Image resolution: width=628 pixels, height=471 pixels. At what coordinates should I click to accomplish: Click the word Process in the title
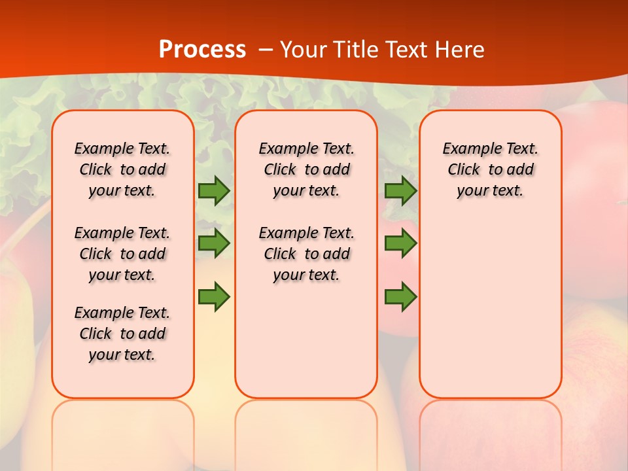(x=202, y=49)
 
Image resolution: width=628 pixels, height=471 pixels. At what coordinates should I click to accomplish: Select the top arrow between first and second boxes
(x=214, y=190)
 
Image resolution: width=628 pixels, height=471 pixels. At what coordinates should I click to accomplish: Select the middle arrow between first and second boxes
(x=214, y=243)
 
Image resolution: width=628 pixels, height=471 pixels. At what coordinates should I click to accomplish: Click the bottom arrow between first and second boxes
(x=214, y=296)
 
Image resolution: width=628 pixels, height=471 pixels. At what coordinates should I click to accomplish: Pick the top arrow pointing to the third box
(x=400, y=190)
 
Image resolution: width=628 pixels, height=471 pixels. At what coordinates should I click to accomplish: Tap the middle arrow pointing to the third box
(x=400, y=243)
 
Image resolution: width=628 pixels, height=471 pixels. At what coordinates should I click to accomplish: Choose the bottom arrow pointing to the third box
(x=400, y=296)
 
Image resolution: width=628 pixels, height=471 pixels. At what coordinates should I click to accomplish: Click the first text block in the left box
(x=122, y=169)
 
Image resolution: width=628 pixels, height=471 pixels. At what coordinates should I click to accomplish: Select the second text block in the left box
(x=122, y=254)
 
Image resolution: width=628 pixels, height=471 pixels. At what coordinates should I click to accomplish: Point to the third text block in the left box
(x=122, y=334)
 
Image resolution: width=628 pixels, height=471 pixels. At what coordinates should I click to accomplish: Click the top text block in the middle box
(x=306, y=169)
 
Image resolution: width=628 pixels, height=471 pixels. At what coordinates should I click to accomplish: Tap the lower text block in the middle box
(x=306, y=254)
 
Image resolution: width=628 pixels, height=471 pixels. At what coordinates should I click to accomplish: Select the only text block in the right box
(x=490, y=169)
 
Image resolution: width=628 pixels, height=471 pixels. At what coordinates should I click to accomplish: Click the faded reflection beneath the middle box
(x=306, y=425)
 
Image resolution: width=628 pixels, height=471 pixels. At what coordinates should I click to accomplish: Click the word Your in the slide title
(x=304, y=49)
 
